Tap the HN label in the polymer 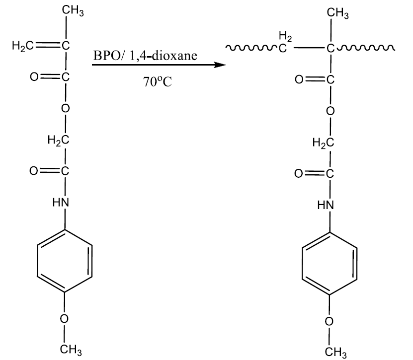(326, 204)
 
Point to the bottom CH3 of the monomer (71, 350)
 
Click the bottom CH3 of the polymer (335, 352)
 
